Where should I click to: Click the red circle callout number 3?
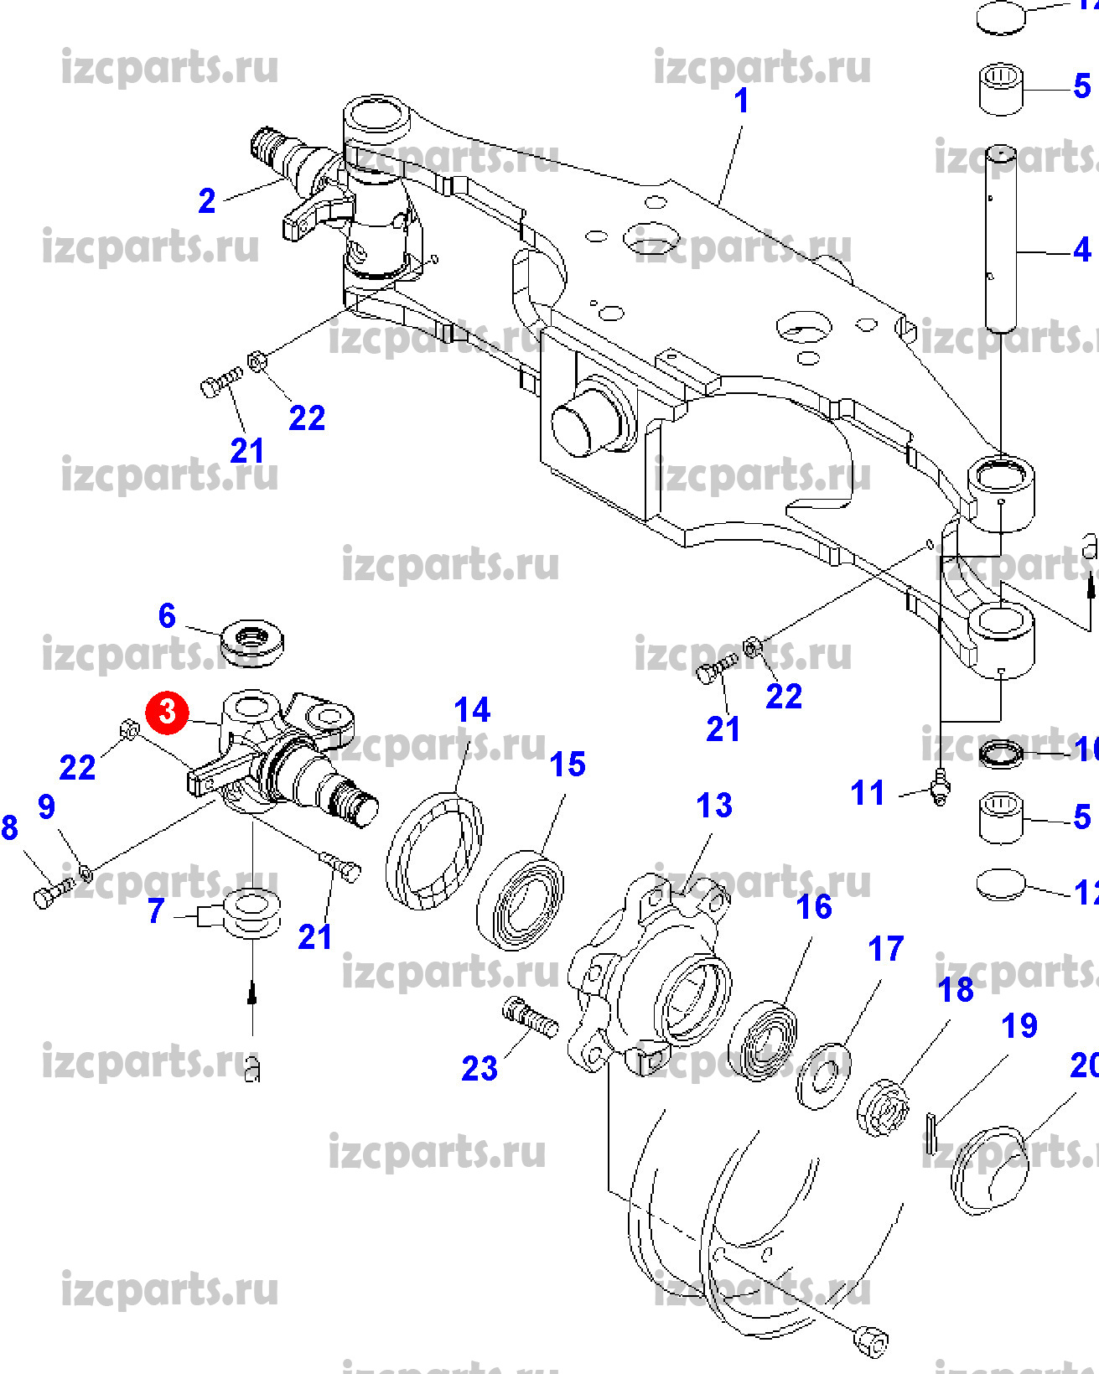168,712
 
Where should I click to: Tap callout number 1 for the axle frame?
741,101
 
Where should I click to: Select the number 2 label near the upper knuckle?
207,200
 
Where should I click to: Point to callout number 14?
472,710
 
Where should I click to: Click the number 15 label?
568,765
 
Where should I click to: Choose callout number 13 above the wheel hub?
714,806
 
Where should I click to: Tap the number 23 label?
480,1068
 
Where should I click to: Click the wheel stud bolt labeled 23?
530,1018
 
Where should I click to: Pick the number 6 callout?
167,616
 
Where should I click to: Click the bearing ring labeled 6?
251,642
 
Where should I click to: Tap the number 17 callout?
885,949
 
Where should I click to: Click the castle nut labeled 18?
884,1107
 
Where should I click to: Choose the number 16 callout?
814,907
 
